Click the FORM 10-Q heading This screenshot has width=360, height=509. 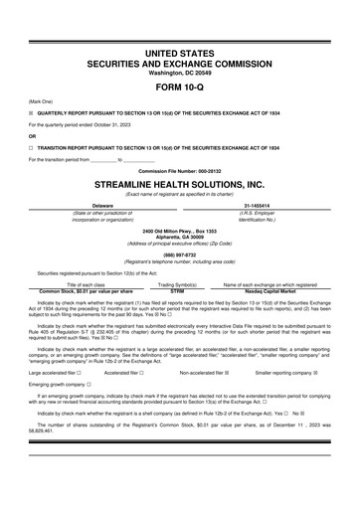(180, 85)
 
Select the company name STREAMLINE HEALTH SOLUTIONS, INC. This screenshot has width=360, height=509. (180, 184)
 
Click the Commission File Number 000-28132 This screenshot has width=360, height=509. (180, 170)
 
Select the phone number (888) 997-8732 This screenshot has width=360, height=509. (180, 253)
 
